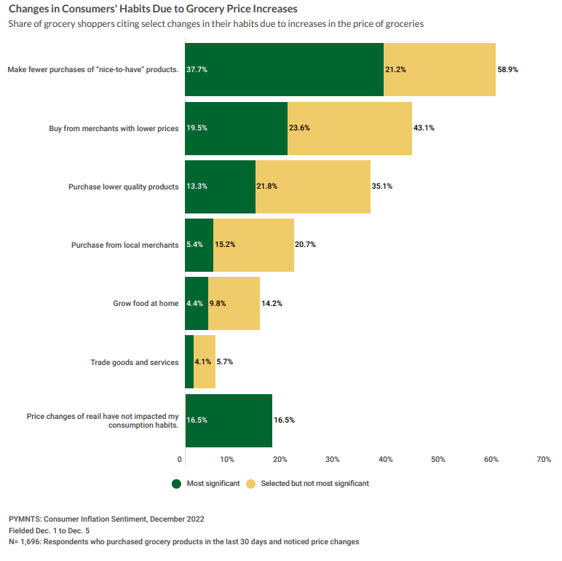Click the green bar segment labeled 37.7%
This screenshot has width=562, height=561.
[x=284, y=69]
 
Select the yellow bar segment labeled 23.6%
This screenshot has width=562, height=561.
[x=349, y=128]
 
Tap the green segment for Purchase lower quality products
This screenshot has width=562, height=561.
[x=220, y=187]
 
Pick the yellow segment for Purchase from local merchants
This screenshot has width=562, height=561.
[x=253, y=245]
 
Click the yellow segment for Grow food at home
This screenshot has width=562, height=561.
[x=234, y=303]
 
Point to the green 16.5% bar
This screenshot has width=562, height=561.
[x=229, y=420]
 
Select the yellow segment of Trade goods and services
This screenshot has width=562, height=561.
[x=205, y=361]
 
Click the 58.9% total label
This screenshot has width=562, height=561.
[x=507, y=70]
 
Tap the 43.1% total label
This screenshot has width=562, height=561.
[x=424, y=128]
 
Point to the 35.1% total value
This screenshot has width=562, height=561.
[x=382, y=187]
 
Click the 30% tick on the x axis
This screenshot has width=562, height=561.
[x=333, y=460]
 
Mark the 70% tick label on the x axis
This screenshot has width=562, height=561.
[x=544, y=460]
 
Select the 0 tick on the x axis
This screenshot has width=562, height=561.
[x=180, y=460]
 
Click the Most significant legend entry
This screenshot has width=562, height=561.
[x=206, y=484]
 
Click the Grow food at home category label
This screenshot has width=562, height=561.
[x=146, y=303]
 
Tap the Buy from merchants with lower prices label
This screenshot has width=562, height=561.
[x=114, y=128]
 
